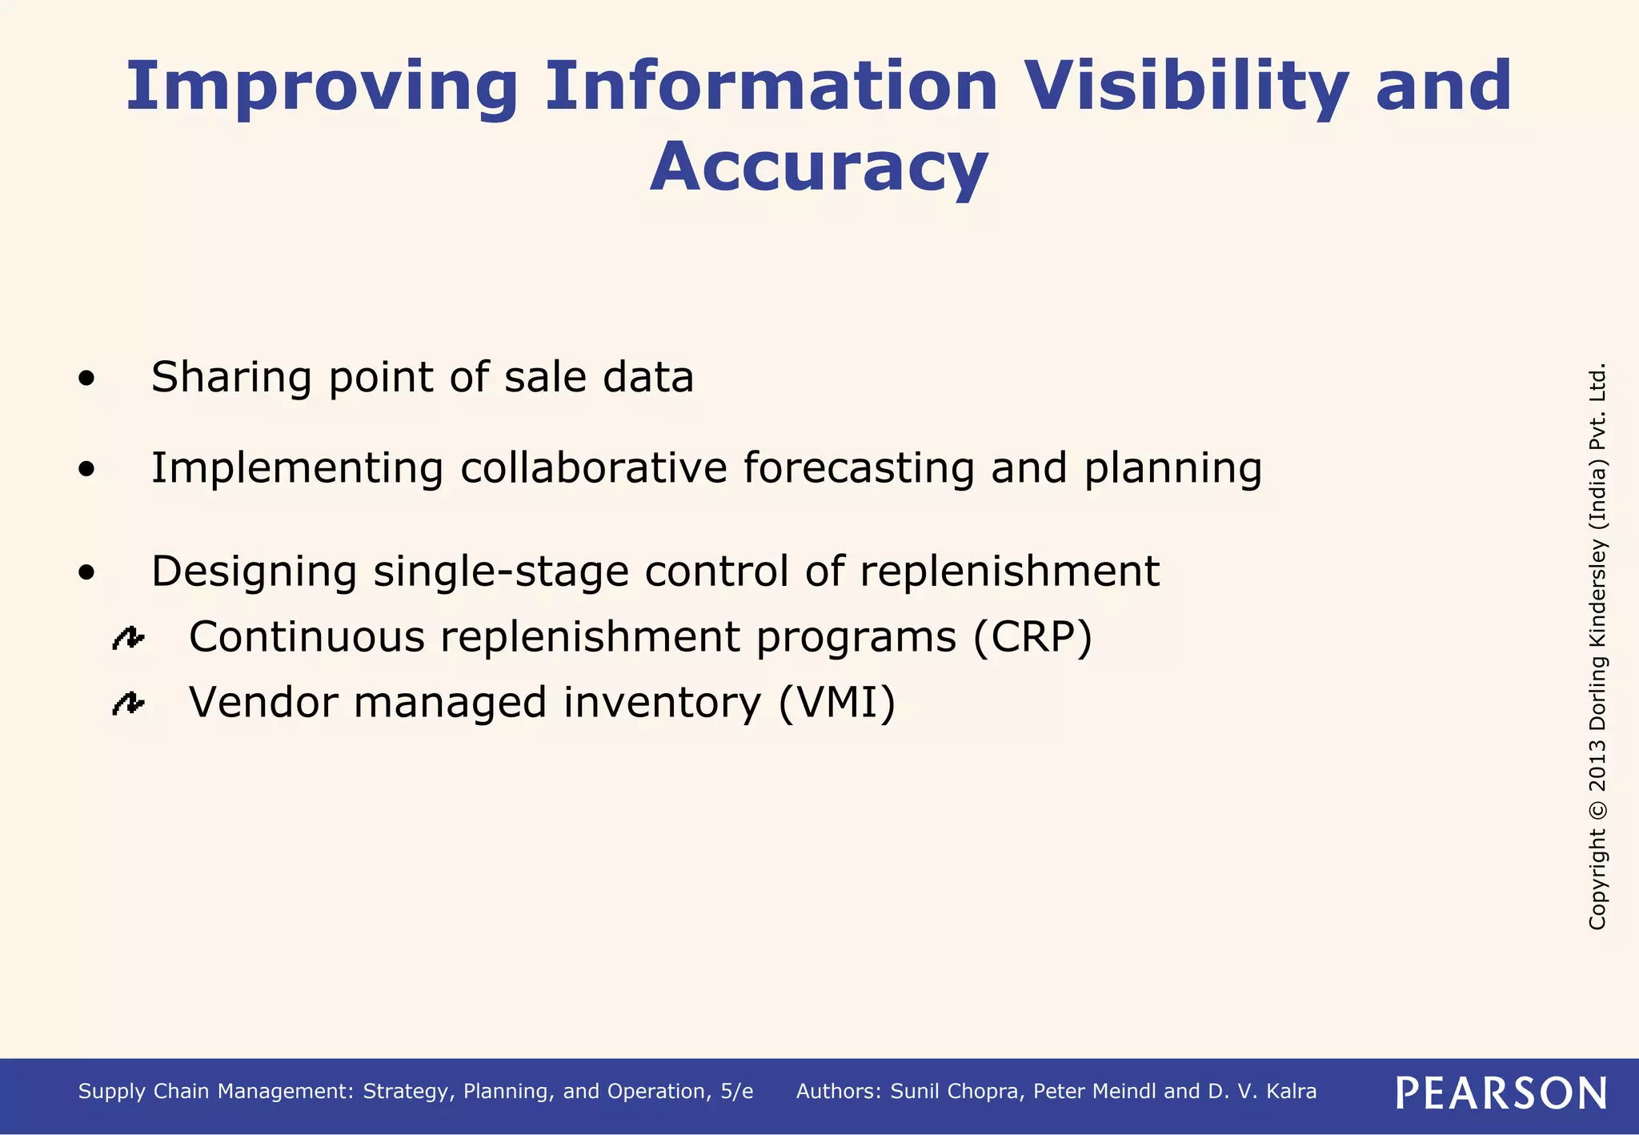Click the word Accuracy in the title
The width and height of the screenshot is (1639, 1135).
[819, 167]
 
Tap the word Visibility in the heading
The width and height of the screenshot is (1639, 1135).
[1187, 86]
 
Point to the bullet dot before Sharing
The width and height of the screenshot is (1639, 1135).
[86, 379]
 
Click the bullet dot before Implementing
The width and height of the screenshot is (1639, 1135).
[86, 470]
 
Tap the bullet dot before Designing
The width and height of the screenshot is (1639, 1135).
[86, 573]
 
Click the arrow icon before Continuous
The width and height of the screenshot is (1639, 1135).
[128, 638]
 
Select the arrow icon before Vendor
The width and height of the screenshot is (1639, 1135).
[128, 704]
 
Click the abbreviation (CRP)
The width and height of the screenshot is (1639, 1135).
[1032, 638]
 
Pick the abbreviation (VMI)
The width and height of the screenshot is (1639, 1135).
[837, 704]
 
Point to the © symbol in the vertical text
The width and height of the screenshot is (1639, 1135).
[1597, 809]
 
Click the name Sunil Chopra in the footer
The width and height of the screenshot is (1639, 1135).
[957, 1092]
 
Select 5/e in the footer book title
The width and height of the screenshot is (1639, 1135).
[736, 1092]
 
